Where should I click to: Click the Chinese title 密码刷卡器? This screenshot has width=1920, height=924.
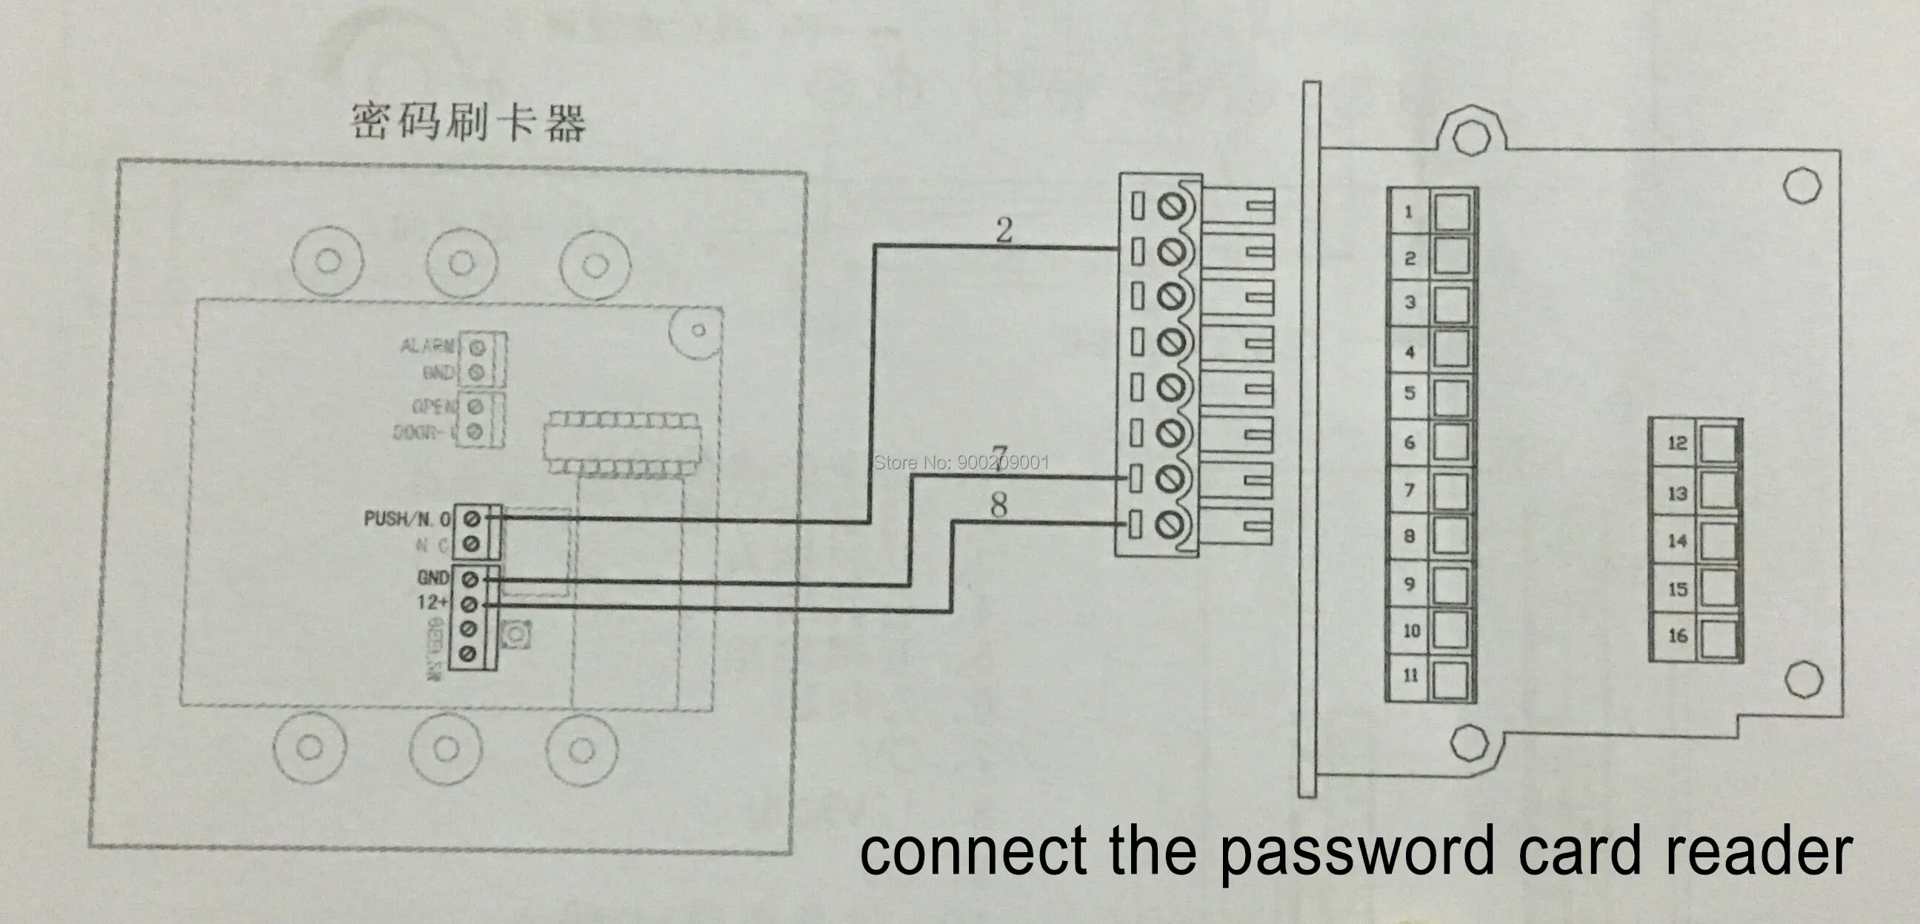click(468, 123)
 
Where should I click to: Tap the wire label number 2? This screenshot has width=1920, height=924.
click(1004, 230)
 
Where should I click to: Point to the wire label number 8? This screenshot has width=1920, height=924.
click(999, 505)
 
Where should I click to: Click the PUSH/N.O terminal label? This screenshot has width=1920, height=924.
click(407, 518)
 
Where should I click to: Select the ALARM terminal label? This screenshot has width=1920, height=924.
click(427, 346)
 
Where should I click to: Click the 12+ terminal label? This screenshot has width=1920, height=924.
click(433, 601)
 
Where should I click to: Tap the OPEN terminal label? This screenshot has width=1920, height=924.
click(433, 406)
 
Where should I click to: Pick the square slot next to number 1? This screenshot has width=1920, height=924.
click(1451, 212)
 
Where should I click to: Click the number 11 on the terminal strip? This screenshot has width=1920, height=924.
click(1410, 675)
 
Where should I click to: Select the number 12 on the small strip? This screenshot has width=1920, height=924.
click(1677, 443)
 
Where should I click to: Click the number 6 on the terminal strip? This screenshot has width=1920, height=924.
click(1410, 443)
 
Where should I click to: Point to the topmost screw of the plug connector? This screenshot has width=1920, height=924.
click(1171, 207)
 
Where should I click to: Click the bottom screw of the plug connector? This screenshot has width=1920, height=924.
click(1168, 525)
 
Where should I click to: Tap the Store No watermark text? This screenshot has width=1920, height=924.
click(961, 463)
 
